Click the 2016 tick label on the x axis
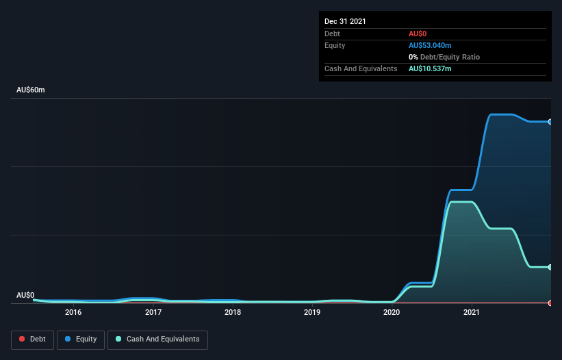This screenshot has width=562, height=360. (x=73, y=312)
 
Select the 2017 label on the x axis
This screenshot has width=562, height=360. (x=153, y=312)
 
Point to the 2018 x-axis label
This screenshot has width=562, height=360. (x=233, y=312)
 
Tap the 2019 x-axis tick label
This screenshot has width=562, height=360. (x=312, y=312)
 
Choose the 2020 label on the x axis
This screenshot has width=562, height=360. (x=392, y=312)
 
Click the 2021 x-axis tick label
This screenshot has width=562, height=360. (x=471, y=312)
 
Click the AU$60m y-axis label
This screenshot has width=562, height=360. (x=30, y=90)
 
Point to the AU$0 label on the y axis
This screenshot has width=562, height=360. (x=25, y=295)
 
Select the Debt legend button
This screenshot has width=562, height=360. (x=32, y=339)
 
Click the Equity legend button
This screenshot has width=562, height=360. (x=81, y=339)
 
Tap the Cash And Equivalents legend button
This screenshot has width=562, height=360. (x=157, y=339)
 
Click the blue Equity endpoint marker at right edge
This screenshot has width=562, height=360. (x=550, y=122)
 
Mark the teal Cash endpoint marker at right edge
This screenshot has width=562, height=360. (x=550, y=267)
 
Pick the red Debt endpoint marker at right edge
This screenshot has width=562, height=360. (x=550, y=303)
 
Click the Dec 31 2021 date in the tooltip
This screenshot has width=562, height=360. (x=345, y=21)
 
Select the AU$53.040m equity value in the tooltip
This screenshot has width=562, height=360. (x=430, y=45)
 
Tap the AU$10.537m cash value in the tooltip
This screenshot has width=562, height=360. (x=430, y=69)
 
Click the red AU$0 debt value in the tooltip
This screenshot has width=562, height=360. (x=418, y=34)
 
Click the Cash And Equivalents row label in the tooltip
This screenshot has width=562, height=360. (x=361, y=69)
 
